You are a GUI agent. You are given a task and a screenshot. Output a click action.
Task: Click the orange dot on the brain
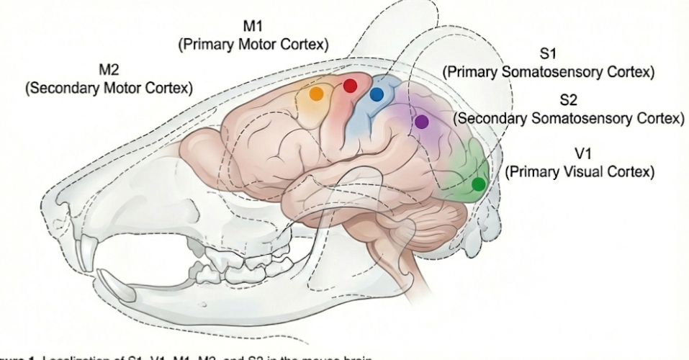(x=315, y=93)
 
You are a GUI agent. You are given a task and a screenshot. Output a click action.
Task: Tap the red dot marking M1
(x=350, y=86)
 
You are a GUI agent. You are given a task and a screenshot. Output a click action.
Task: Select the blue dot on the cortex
(x=377, y=94)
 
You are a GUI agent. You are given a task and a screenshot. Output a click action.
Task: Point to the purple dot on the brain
(x=422, y=122)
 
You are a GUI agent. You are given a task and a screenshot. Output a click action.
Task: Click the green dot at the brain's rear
(x=478, y=184)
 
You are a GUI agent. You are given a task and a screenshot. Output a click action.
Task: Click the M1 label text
(x=253, y=27)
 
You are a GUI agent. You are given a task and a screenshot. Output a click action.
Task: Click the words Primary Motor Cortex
(x=253, y=44)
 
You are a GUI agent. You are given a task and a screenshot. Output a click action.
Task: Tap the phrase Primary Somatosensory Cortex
(x=549, y=72)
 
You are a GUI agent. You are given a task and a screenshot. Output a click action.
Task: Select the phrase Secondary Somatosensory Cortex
(x=568, y=117)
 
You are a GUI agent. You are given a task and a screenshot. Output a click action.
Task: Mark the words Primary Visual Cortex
(x=580, y=173)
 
